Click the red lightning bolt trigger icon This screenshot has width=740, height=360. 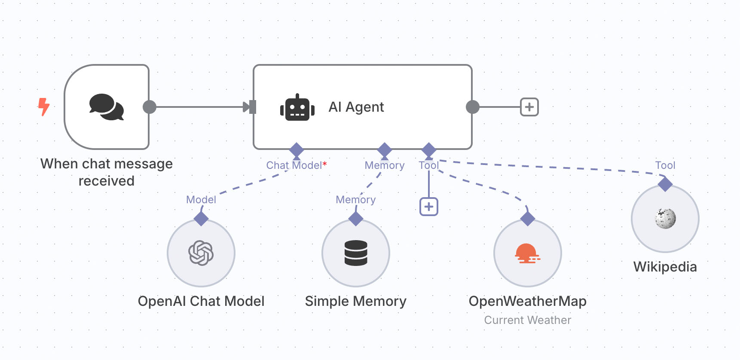(43, 107)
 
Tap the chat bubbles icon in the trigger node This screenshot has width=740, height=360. (107, 107)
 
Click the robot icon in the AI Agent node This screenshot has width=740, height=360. (297, 107)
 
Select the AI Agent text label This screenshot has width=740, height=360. (356, 107)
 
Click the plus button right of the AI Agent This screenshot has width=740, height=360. (529, 107)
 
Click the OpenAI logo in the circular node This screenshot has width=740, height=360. (201, 253)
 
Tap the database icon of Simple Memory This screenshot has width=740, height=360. (356, 253)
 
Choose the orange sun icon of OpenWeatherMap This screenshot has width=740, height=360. (527, 253)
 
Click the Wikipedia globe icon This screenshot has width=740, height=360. (665, 219)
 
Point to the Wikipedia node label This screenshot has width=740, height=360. (665, 267)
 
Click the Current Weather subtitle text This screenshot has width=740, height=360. (527, 320)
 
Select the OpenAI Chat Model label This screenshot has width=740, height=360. (201, 301)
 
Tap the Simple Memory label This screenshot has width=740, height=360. (355, 301)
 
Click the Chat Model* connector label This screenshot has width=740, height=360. (296, 165)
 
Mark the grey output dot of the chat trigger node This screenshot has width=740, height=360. (149, 107)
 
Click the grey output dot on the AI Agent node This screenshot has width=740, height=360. (472, 107)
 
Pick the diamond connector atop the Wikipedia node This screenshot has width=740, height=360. (665, 184)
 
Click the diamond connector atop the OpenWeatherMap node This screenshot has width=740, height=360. (528, 219)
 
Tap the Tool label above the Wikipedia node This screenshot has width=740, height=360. (665, 165)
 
